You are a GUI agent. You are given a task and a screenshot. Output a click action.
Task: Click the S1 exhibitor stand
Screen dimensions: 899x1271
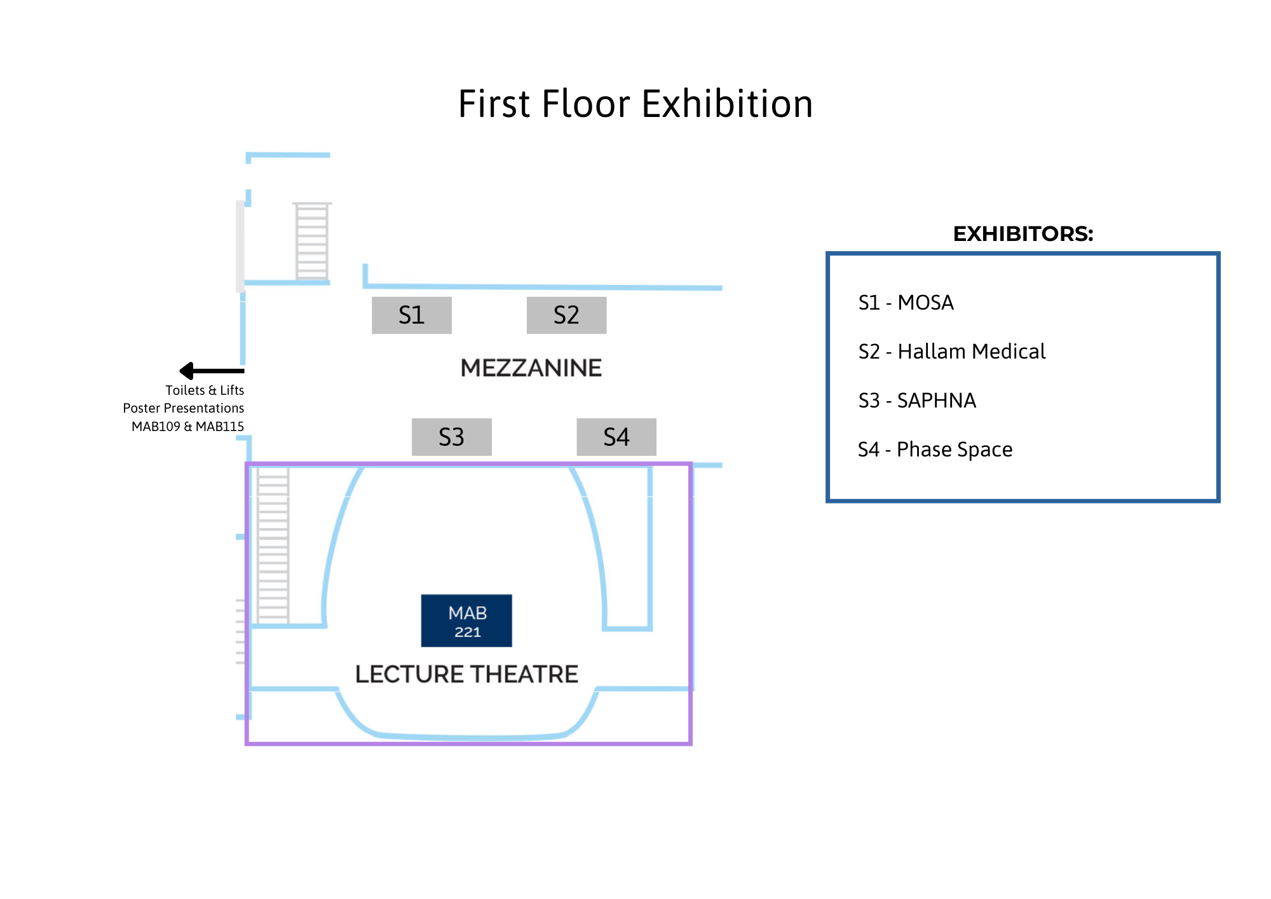[x=411, y=315]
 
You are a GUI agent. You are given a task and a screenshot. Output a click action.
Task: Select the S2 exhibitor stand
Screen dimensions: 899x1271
[x=566, y=315]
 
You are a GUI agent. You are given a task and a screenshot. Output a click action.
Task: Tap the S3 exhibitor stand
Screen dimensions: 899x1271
[x=451, y=437]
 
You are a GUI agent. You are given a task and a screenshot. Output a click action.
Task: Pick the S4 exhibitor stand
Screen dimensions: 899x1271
[x=616, y=437]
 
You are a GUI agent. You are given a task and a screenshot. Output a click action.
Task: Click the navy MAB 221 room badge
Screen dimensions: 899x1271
[x=466, y=621]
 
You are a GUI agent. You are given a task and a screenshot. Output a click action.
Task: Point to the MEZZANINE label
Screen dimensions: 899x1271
[x=531, y=368]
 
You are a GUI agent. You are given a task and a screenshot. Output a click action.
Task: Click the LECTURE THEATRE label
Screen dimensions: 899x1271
[x=466, y=674]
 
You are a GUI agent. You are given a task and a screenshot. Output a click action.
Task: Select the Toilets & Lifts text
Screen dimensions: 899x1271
[x=205, y=390]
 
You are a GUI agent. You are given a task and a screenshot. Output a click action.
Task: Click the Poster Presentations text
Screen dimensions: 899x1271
[x=184, y=408]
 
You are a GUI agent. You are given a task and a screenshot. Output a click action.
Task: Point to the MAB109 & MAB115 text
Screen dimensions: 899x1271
[x=187, y=427]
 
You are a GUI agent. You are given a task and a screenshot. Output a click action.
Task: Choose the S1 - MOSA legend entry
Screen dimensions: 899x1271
[x=906, y=303]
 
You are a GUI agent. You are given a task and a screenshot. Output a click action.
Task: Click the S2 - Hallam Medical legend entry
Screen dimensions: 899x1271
[x=951, y=352]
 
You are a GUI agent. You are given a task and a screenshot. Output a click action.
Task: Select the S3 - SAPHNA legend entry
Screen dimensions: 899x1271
[x=916, y=401]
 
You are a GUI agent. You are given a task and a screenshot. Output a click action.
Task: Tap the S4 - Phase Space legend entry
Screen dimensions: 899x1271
[x=935, y=449]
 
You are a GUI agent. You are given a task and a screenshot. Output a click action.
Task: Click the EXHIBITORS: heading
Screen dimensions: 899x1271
[x=1023, y=234]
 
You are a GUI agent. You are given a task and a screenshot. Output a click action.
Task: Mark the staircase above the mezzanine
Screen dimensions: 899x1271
[x=311, y=241]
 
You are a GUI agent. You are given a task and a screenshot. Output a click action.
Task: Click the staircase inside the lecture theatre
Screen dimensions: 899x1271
[x=273, y=545]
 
